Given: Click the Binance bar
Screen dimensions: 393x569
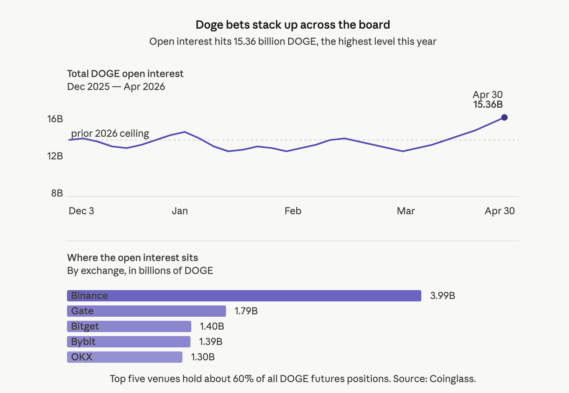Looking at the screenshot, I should [244, 296].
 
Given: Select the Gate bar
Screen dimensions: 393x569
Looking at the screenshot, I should [146, 311].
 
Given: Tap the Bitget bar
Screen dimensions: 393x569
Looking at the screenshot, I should [129, 326].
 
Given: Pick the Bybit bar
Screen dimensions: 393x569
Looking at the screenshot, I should [128, 342].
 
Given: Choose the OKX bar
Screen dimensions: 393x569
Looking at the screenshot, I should [124, 357].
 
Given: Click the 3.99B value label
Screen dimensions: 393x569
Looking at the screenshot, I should [442, 296].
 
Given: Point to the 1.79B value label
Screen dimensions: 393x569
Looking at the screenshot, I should [246, 311].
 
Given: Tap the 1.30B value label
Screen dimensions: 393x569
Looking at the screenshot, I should [203, 357].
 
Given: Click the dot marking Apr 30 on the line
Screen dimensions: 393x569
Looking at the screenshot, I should [504, 117].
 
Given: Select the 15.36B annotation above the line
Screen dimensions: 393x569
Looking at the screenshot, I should [488, 105].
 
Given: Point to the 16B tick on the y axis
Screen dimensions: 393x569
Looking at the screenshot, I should [55, 119].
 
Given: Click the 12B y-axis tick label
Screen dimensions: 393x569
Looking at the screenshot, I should [55, 156].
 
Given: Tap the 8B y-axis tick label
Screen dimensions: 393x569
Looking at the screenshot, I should [57, 193].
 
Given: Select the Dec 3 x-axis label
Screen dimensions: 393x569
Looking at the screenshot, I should [81, 211].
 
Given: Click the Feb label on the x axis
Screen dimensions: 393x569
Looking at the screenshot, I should [293, 211].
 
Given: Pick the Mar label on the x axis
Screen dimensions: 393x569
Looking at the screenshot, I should [406, 211].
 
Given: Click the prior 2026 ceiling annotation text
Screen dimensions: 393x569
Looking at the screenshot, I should [110, 134].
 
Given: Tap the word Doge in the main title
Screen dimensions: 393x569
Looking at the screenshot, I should [209, 25].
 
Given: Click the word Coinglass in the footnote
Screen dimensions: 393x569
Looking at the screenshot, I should [452, 379].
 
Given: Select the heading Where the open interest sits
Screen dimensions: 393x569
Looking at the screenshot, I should [132, 258].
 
